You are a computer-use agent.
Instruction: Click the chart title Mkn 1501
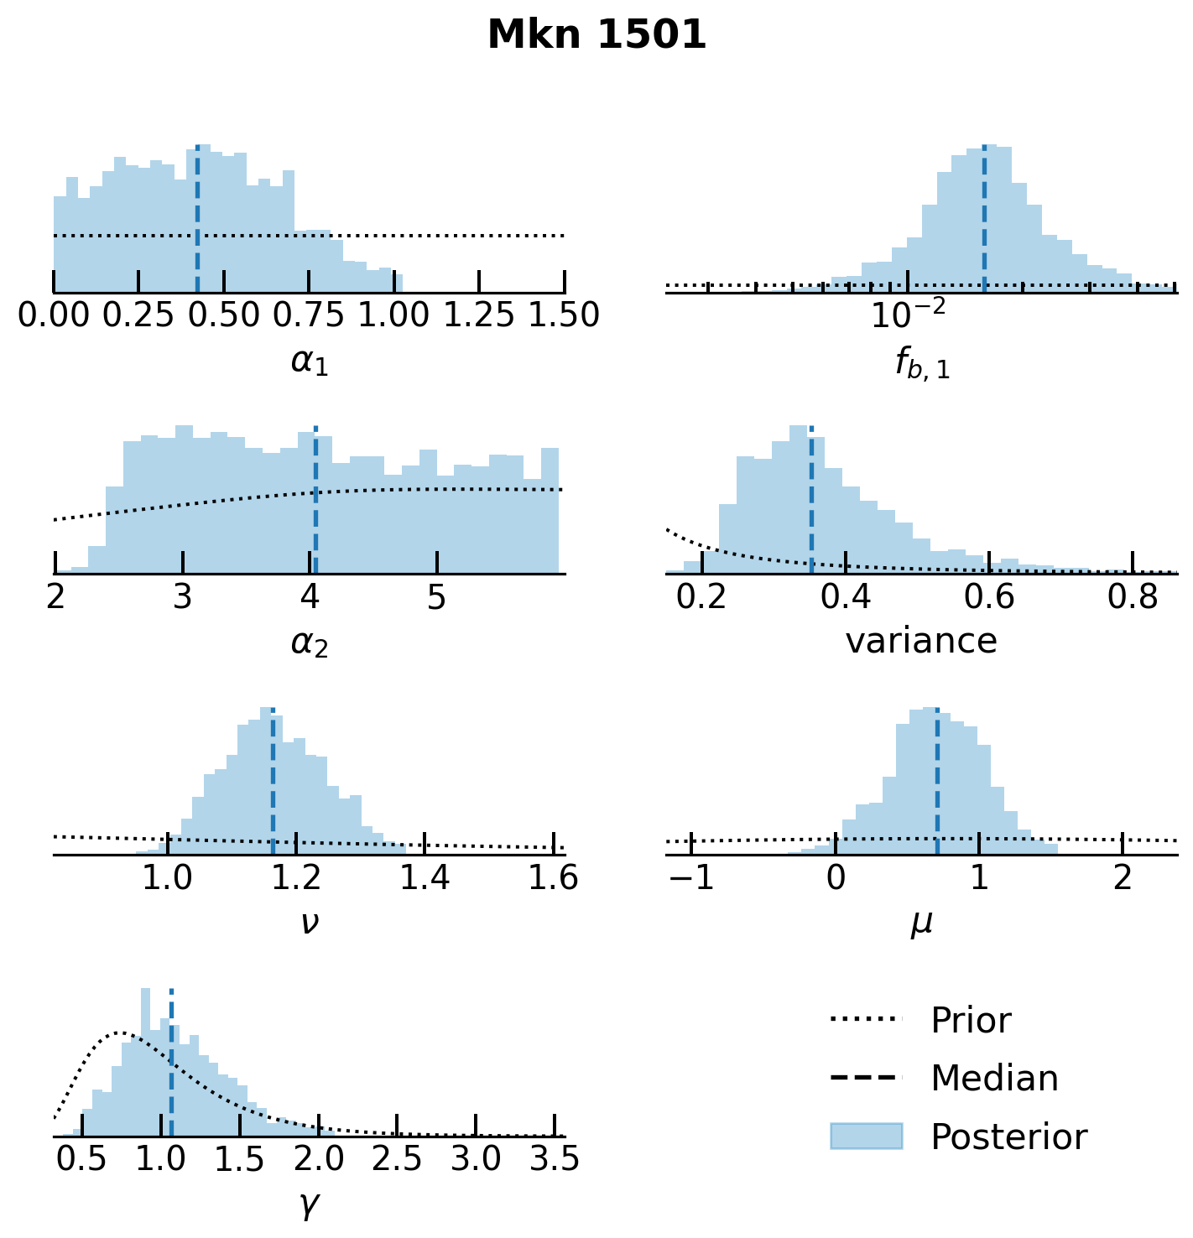[596, 35]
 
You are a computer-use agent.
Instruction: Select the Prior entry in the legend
[970, 1021]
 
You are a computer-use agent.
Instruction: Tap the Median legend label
[994, 1079]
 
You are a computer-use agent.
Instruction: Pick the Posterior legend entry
[1008, 1137]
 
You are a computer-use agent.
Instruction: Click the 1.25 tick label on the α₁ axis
[478, 315]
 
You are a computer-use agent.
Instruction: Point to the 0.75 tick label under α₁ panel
[309, 315]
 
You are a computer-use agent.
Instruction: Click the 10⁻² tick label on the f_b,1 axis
[908, 315]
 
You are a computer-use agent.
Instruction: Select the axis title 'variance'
[921, 642]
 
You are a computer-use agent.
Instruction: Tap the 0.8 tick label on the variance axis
[1132, 596]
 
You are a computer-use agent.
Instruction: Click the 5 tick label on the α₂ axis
[436, 596]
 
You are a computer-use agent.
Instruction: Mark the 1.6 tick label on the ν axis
[553, 877]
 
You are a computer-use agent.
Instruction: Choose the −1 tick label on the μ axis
[691, 877]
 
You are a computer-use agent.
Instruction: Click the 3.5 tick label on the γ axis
[555, 1159]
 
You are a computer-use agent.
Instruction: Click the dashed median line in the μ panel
[936, 780]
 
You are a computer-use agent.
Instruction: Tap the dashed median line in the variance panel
[811, 503]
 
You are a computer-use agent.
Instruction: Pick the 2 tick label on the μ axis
[1123, 877]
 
